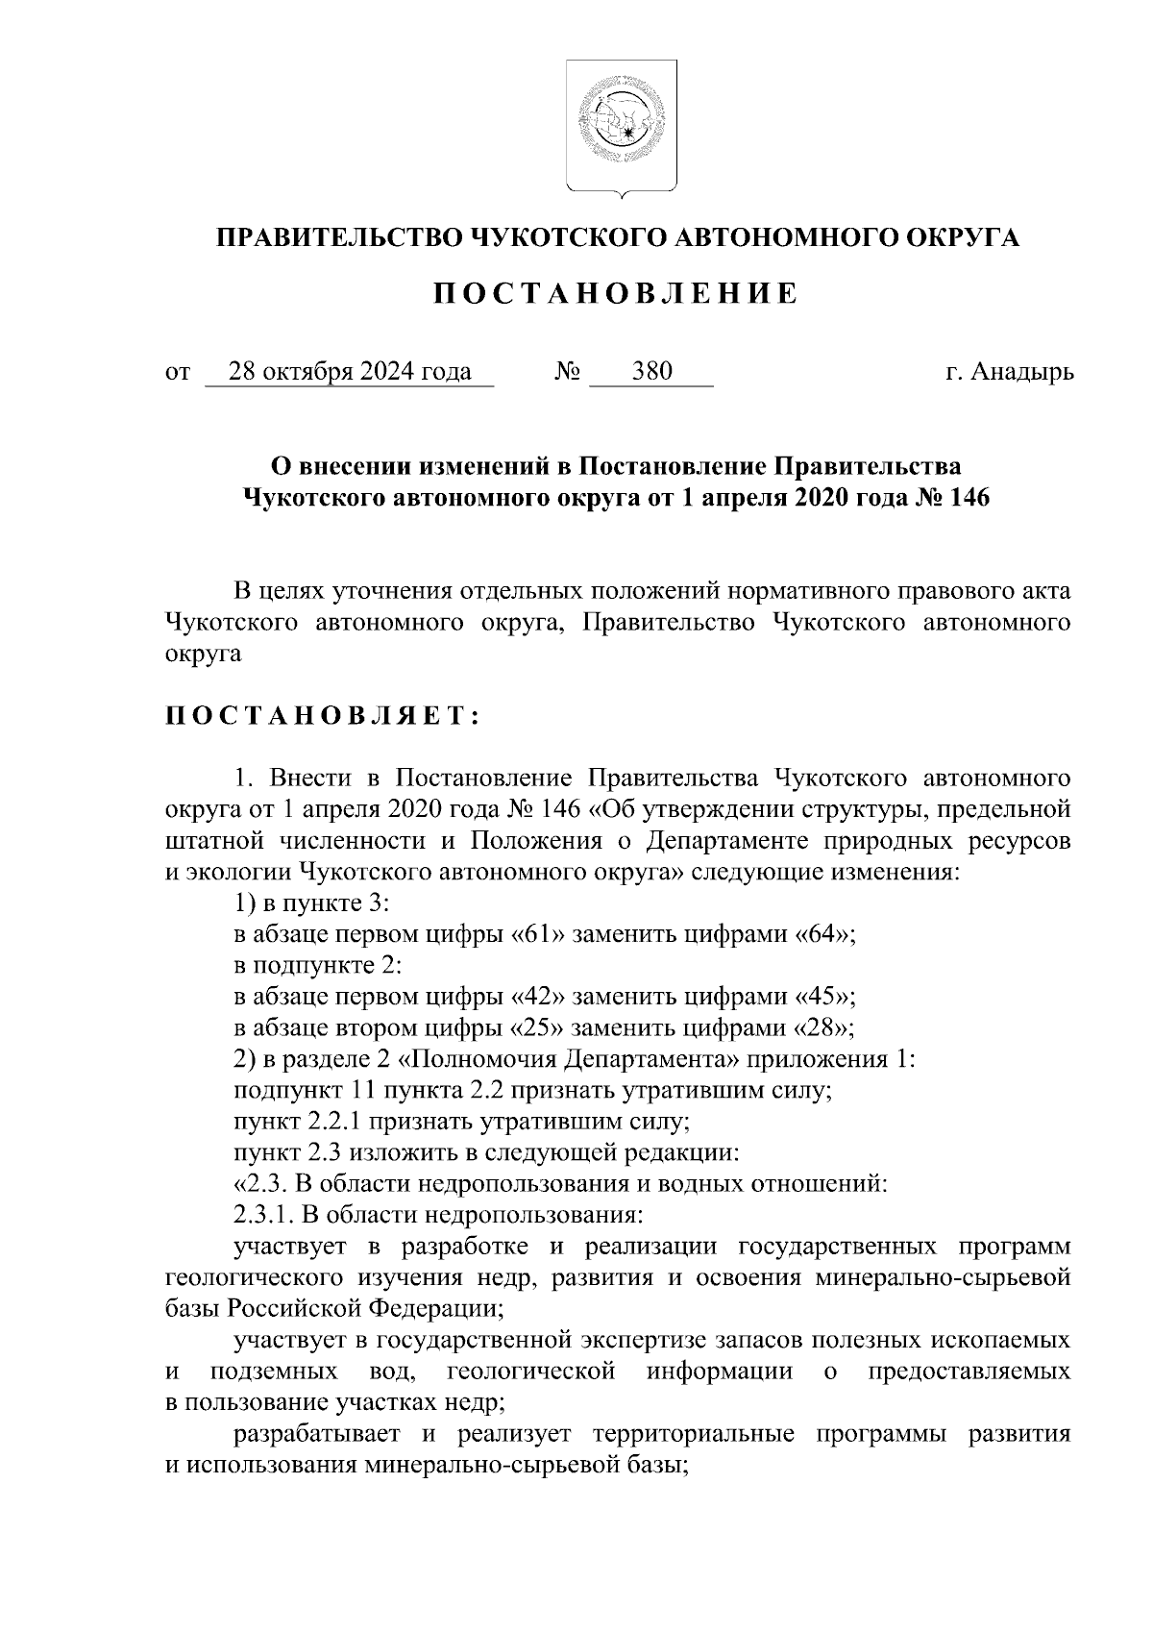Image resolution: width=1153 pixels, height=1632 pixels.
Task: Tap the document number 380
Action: [x=651, y=372]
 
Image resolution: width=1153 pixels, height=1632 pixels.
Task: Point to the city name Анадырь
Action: [x=1021, y=372]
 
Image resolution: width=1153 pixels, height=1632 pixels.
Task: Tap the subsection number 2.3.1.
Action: [x=263, y=1214]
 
